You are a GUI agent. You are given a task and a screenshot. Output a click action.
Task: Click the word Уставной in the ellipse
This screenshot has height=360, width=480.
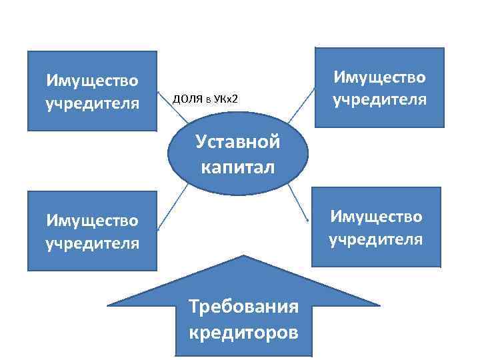click(x=237, y=143)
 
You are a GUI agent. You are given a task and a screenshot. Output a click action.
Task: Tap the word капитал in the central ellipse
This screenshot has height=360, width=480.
click(x=237, y=166)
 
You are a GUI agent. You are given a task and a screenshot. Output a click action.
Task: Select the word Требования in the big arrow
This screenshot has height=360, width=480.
click(x=243, y=307)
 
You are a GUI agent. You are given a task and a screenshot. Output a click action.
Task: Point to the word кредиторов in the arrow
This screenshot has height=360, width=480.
click(x=243, y=331)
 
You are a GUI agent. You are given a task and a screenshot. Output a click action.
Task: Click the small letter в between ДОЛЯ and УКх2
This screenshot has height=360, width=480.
click(x=208, y=100)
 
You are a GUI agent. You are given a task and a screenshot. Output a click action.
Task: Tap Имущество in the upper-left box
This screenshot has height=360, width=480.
click(x=92, y=81)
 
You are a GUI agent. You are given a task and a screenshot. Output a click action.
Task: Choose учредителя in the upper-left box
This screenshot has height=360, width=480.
click(x=92, y=103)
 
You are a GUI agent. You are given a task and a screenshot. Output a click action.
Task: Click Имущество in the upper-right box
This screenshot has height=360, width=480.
click(x=379, y=77)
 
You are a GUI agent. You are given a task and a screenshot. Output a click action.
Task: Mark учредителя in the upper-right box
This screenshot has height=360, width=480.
click(x=379, y=100)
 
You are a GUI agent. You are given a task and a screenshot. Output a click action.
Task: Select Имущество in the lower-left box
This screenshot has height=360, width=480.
click(x=92, y=219)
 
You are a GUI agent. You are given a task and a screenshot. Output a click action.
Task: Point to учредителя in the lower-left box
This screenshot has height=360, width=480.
click(x=92, y=242)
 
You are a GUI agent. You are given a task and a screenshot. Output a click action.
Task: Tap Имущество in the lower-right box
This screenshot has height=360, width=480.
click(x=376, y=216)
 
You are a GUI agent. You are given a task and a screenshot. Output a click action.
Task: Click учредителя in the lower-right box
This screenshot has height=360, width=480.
click(x=376, y=239)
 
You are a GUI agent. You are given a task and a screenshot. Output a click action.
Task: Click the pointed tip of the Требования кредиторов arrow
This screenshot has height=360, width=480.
click(x=243, y=256)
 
